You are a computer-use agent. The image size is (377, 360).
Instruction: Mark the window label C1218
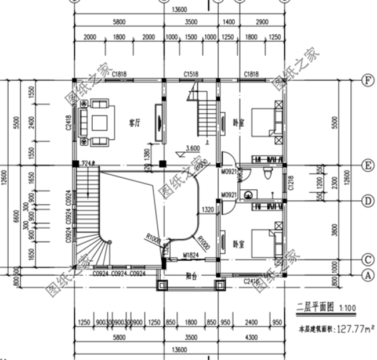(291, 187)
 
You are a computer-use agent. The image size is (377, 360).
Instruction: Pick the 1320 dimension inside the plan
(208, 209)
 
